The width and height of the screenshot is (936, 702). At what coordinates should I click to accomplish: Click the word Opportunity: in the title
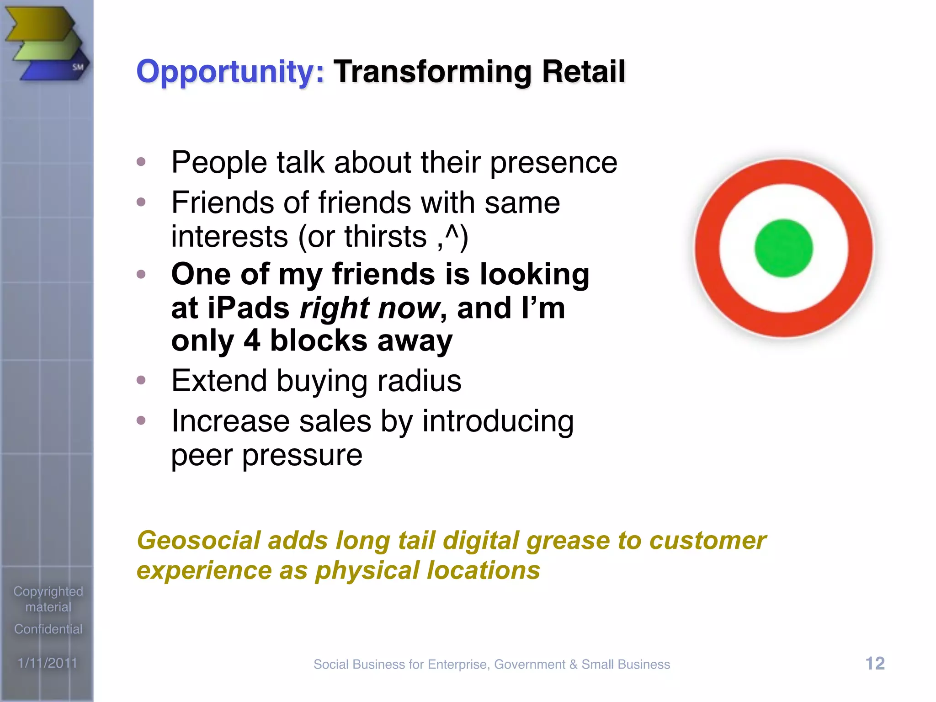[230, 72]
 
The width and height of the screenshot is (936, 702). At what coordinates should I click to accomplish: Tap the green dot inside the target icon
[783, 248]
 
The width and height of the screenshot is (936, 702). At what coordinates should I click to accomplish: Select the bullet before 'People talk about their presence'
[141, 162]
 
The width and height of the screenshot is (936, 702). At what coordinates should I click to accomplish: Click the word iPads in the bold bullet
[249, 308]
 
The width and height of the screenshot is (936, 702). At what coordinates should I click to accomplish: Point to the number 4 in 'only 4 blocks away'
[252, 341]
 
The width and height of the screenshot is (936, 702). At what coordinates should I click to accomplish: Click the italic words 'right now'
[369, 308]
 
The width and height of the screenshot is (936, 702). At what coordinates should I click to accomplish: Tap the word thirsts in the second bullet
[385, 237]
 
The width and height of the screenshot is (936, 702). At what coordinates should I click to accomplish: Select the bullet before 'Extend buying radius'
[141, 380]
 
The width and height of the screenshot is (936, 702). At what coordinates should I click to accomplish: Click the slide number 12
[875, 663]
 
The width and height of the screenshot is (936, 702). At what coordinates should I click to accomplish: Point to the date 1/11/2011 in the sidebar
[48, 663]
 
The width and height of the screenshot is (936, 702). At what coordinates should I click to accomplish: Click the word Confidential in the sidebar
[48, 629]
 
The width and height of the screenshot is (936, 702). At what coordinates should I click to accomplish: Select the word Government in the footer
[529, 665]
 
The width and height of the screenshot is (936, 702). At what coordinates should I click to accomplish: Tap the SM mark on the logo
[78, 67]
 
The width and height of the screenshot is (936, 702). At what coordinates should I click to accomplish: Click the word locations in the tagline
[483, 571]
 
